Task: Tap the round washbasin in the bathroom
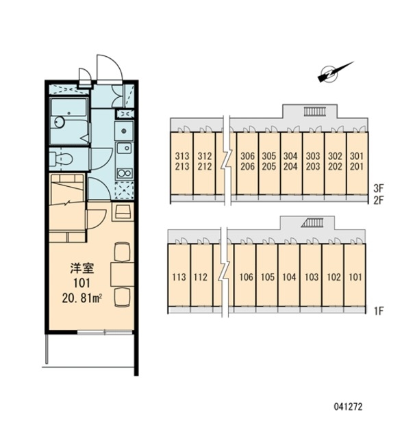(x=60, y=122)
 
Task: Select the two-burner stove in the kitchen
(x=125, y=173)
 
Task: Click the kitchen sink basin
(x=124, y=148)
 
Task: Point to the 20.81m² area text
(x=82, y=298)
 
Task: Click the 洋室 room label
(x=82, y=268)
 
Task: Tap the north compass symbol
(x=335, y=73)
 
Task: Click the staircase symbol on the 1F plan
(x=312, y=223)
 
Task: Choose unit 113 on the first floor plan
(x=179, y=277)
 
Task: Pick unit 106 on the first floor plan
(x=247, y=277)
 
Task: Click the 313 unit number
(x=182, y=156)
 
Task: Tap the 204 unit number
(x=290, y=166)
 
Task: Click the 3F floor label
(x=378, y=188)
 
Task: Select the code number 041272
(x=348, y=407)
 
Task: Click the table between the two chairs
(x=123, y=274)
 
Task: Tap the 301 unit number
(x=357, y=156)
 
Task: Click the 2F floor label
(x=378, y=200)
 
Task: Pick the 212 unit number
(x=205, y=166)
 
